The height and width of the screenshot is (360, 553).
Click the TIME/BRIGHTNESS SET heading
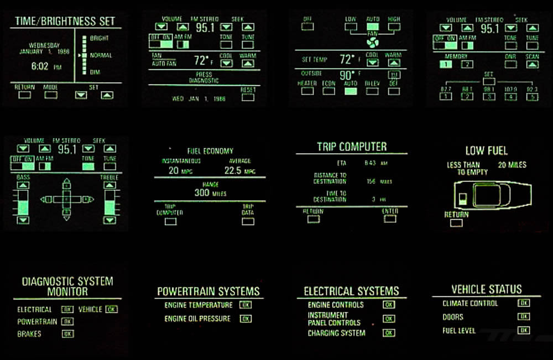coord(65,22)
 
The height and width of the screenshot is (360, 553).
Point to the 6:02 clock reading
coord(40,66)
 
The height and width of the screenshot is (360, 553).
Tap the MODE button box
coord(51,95)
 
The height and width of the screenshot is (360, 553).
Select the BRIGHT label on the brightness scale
coord(99,39)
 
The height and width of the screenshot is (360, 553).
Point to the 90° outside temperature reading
coord(347,75)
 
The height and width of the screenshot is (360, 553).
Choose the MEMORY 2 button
coord(467,64)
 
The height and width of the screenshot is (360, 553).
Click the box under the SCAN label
coord(532,64)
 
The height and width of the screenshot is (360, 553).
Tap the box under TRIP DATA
coord(248,221)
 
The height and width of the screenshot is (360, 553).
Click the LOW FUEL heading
coord(486,150)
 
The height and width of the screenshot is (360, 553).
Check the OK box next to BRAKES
coord(67,334)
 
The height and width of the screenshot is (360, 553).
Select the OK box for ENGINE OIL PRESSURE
coord(246,319)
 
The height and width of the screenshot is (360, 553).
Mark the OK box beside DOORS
coord(523,317)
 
